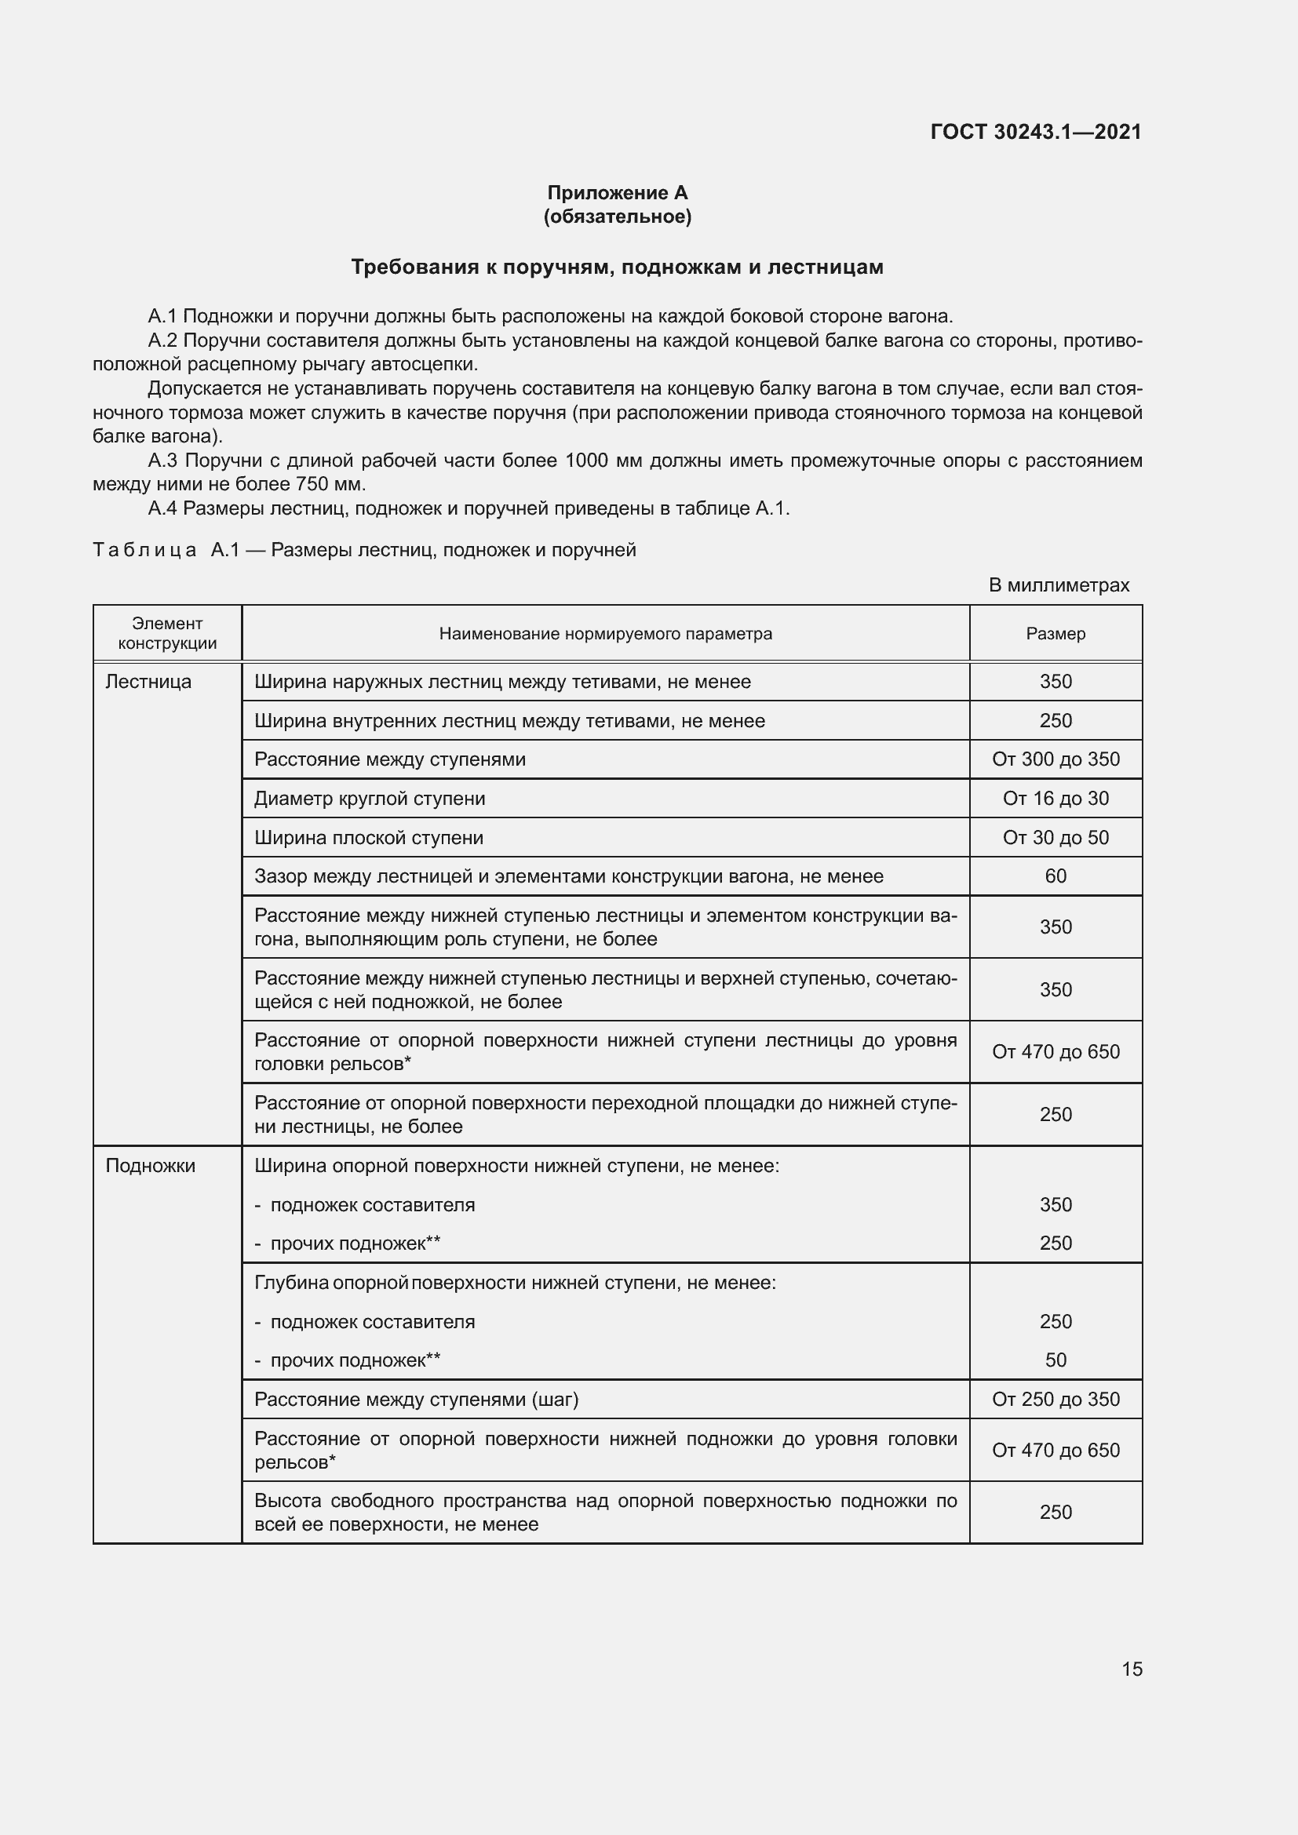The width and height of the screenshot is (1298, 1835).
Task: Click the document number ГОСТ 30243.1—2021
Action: tap(1036, 132)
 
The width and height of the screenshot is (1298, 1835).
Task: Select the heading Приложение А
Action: tap(617, 193)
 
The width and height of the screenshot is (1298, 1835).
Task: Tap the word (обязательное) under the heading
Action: tap(617, 217)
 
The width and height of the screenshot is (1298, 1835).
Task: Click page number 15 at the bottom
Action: tap(1132, 1669)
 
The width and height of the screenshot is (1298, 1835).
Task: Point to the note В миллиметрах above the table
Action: tap(1058, 585)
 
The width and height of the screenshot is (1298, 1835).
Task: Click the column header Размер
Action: tap(1055, 634)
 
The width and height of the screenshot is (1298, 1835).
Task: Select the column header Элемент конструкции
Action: tap(167, 633)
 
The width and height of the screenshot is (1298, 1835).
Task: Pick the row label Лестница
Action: tap(148, 682)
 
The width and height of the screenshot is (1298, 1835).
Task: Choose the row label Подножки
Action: tap(150, 1165)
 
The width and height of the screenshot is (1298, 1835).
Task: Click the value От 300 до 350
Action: tap(1055, 759)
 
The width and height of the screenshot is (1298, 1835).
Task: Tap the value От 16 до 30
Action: tap(1055, 799)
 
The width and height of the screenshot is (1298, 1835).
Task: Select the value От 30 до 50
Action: tap(1055, 838)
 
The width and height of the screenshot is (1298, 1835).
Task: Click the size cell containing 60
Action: tap(1055, 876)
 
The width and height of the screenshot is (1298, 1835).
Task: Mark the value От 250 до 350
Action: tap(1055, 1399)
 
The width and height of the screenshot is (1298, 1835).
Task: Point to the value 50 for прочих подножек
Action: tap(1055, 1360)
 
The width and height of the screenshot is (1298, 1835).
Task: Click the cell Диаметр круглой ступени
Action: tap(370, 799)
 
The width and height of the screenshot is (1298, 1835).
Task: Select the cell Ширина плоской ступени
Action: tap(369, 838)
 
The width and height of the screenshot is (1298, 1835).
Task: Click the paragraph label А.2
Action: tap(163, 340)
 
